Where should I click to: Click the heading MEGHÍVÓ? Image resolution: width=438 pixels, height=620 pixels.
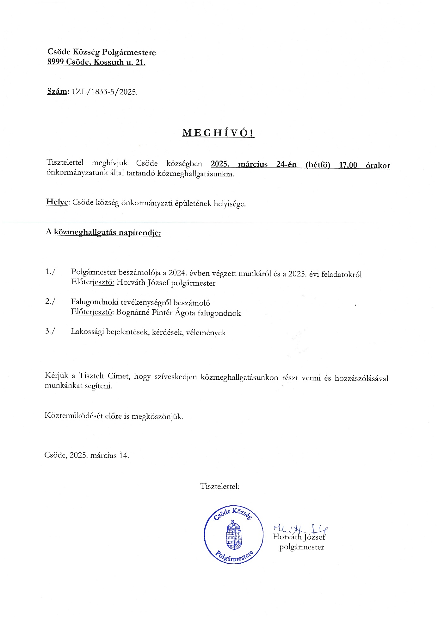coord(218,133)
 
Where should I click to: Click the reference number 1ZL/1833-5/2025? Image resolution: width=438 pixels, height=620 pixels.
coord(105,92)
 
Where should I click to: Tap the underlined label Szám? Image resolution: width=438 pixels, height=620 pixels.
coord(57,92)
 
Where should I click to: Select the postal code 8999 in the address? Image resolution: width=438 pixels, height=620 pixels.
coord(56,62)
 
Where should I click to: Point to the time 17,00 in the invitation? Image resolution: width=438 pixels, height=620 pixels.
coord(348,165)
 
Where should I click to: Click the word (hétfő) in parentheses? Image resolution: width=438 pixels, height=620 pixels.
coord(318,165)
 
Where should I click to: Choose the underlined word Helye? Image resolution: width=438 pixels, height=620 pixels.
coord(57,202)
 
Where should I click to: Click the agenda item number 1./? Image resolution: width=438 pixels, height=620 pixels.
coord(51,272)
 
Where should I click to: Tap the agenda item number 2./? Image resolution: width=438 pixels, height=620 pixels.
coord(50,301)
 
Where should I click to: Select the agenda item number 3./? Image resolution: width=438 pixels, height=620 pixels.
coord(50,331)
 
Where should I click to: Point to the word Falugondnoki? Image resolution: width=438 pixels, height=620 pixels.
coord(95,302)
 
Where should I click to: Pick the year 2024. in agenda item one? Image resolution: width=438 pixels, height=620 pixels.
coord(177,273)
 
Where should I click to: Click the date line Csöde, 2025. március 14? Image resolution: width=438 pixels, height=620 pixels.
coord(87,456)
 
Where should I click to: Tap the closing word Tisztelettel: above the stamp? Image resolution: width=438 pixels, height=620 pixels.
coord(219,486)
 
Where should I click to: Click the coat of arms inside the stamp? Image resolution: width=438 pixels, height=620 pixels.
coord(233,535)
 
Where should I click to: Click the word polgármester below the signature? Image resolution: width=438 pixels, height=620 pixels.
coord(301,547)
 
